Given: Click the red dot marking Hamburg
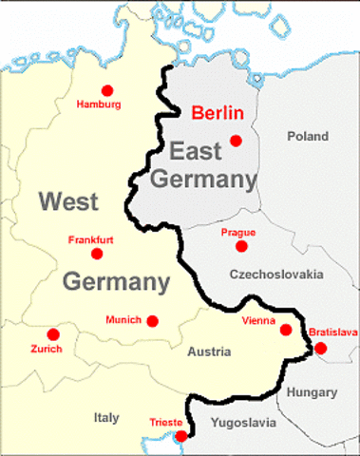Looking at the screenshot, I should coord(106,90).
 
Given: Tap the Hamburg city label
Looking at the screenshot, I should coord(98,104).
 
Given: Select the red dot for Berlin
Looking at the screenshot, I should coord(236,141).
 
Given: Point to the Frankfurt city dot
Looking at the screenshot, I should coord(96,254).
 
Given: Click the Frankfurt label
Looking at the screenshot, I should coord(91,239).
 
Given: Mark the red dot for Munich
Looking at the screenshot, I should coord(152,321).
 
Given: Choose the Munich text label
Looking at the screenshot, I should coord(123,320).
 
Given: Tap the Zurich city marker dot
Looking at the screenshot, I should coord(53,334).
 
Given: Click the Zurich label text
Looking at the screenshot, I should coord(46,349).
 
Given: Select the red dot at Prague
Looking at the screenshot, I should coord(241,246).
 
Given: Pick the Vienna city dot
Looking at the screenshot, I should coord(285,330).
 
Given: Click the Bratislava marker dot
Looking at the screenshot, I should coord(320,348).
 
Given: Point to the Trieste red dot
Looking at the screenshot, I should coord(180,436).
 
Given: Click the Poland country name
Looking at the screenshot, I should coord(307,136).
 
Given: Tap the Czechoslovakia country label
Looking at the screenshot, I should coord(276,275).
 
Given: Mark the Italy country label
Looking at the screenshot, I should coord(106,416).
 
